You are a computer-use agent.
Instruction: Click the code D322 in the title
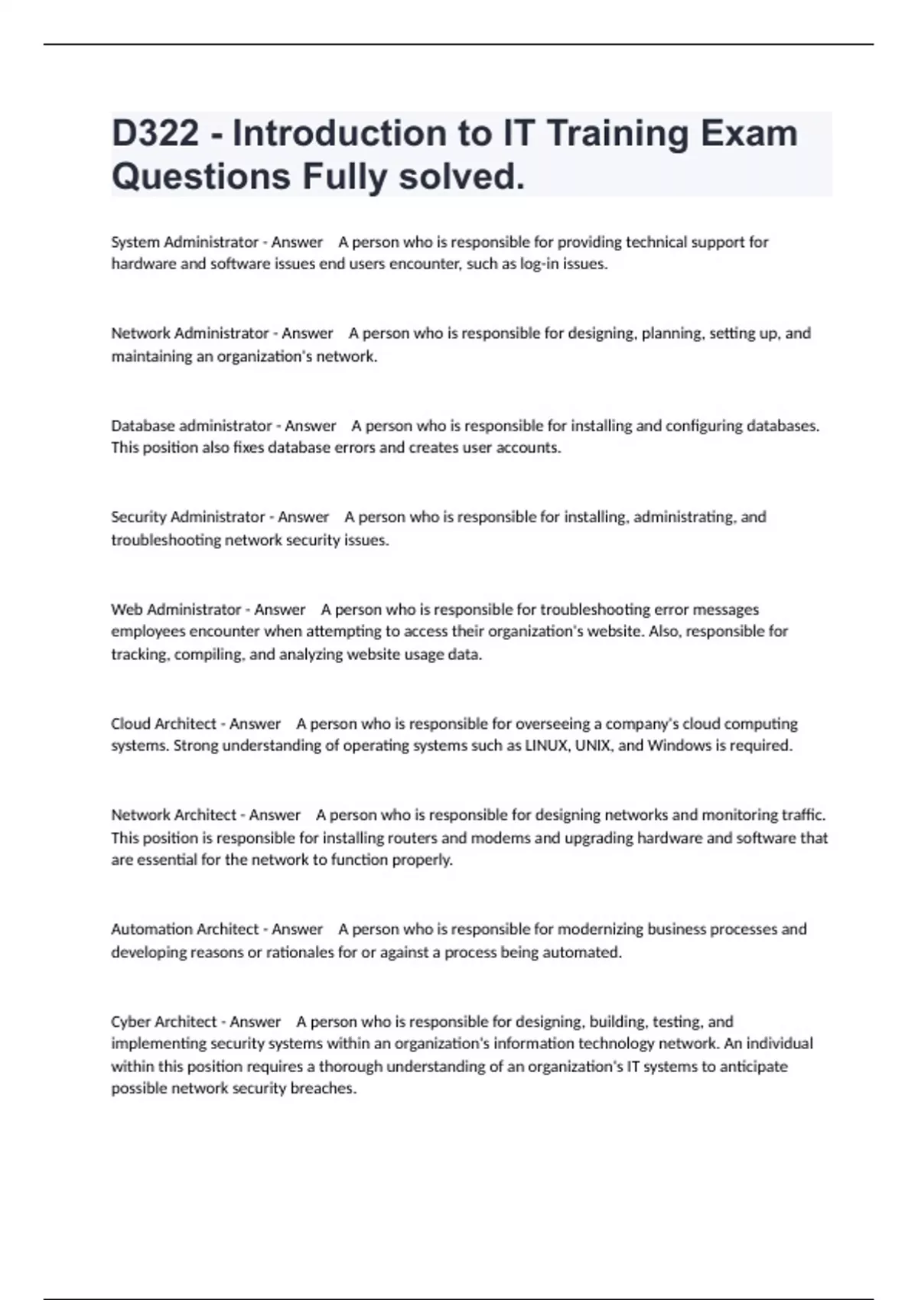155,134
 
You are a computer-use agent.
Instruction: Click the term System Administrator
184,242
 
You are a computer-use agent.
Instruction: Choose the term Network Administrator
190,333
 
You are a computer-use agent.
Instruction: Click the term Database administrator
191,425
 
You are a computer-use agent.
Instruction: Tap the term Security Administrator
187,517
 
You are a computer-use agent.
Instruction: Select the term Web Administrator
176,609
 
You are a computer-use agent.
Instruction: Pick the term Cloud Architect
163,723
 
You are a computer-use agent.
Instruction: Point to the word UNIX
593,746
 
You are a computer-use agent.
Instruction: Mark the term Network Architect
174,815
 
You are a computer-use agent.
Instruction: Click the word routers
412,838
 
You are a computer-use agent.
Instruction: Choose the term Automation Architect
184,929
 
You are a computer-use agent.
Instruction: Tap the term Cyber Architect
164,1022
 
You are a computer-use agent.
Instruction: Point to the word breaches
323,1089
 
